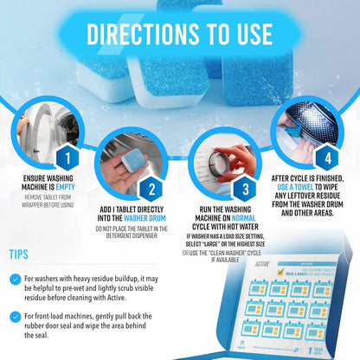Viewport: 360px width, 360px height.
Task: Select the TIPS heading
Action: (x=25, y=256)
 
